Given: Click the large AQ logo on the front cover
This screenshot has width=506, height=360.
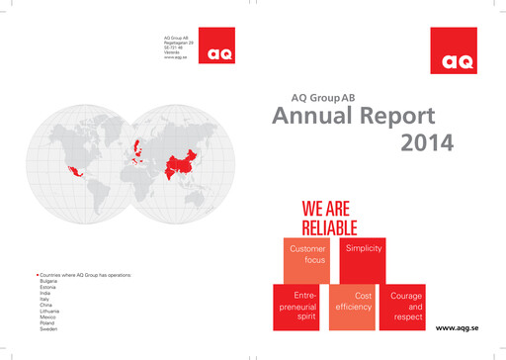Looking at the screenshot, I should [456, 49].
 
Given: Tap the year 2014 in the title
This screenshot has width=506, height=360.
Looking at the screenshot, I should [427, 143].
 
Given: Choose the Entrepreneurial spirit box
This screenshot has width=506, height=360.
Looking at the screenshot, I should [297, 308].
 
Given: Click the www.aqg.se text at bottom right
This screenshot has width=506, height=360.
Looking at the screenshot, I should [458, 326].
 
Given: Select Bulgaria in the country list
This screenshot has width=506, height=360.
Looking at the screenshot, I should [47, 281].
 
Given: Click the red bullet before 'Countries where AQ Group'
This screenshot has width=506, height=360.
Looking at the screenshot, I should [37, 274].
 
